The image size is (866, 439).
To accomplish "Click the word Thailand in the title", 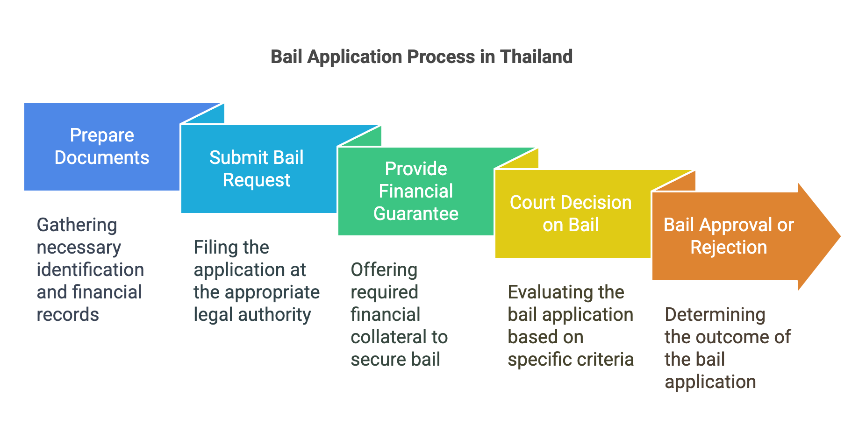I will point(536,57).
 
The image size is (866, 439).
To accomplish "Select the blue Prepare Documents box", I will point(101,147).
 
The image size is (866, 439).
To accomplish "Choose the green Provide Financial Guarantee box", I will point(415,191).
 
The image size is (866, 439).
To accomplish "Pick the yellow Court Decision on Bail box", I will point(571,214).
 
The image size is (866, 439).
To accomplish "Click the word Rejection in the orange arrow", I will point(729,248).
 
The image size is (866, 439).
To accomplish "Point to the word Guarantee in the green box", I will point(415,214).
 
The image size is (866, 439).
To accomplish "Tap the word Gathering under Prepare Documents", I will point(77,225).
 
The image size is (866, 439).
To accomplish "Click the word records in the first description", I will point(68,315).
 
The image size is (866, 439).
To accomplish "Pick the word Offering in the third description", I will point(384,270).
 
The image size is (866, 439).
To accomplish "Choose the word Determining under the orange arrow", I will point(715,315).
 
